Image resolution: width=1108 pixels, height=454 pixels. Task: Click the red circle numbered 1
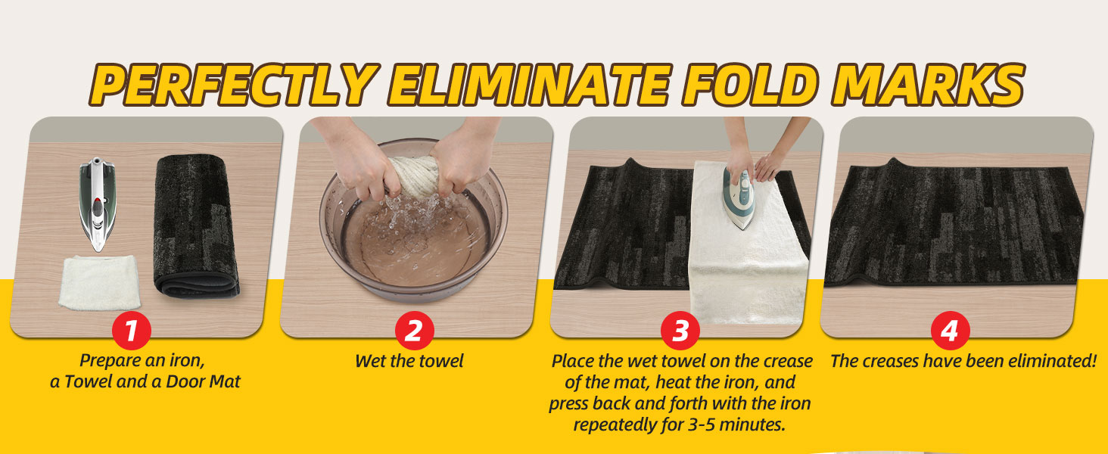[131, 331]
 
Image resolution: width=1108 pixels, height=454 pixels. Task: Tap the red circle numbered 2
[414, 331]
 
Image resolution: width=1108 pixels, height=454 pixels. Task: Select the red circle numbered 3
[680, 331]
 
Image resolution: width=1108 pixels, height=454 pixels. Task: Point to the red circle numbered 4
[950, 331]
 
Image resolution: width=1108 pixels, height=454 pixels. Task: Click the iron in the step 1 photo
[98, 204]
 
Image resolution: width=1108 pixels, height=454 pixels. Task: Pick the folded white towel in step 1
[99, 282]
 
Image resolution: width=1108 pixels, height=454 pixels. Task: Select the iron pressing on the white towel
[739, 197]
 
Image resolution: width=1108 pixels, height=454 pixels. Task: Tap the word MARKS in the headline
[927, 85]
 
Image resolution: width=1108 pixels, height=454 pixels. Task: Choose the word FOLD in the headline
[749, 85]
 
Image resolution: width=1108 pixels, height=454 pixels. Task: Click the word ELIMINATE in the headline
[530, 85]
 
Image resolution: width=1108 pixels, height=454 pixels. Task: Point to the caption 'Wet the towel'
[409, 361]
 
